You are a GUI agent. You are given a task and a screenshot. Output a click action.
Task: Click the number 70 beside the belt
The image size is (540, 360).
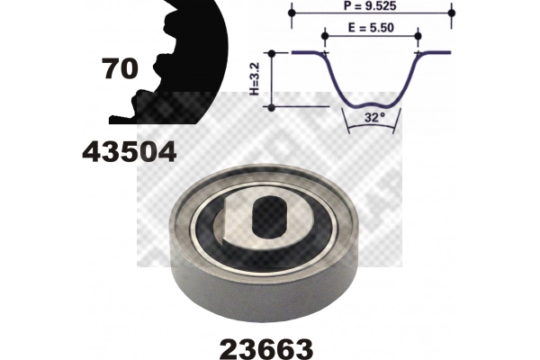coord(120,68)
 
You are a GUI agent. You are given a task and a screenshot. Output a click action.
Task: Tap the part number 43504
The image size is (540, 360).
coord(130,152)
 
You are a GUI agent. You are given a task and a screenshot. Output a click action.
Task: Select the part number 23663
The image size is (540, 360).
coord(266,349)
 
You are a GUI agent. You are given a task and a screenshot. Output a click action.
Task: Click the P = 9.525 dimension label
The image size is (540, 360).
coord(370,6)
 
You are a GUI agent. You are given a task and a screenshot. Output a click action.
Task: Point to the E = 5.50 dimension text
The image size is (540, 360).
coord(371,28)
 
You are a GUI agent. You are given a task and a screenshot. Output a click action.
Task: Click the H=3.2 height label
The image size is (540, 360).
coord(254,79)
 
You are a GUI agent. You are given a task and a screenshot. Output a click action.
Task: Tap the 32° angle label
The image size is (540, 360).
coord(374,118)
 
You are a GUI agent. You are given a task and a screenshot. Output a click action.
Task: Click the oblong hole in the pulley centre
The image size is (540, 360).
coord(270,218)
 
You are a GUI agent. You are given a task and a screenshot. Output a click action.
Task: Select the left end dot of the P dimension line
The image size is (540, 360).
coord(292,13)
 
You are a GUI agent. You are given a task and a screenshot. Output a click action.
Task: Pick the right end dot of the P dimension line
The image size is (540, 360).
coord(452,13)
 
